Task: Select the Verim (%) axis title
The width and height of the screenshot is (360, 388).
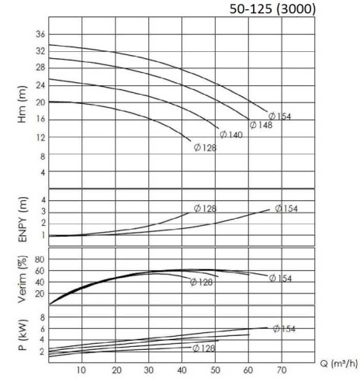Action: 11,277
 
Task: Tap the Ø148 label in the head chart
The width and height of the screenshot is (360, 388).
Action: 261,124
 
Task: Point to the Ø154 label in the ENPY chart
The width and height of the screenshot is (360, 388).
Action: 285,208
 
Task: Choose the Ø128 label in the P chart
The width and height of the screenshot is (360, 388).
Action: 205,348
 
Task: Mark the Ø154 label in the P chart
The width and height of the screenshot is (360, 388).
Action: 285,329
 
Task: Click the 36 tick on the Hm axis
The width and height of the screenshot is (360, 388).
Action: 40,33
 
